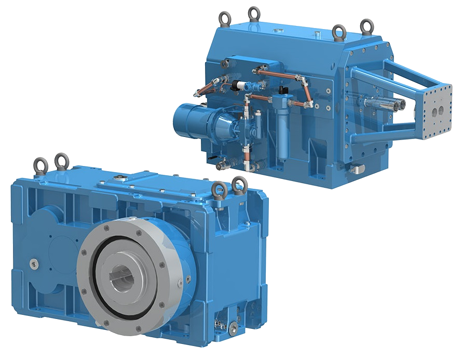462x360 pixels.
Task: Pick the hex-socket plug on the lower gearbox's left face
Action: pyautogui.click(x=34, y=263)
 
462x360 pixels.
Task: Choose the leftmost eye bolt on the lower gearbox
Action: pyautogui.click(x=40, y=165)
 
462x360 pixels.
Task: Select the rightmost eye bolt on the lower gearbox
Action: pyautogui.click(x=239, y=185)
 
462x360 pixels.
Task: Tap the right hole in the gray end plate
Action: pyautogui.click(x=442, y=111)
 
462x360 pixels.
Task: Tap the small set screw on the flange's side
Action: pyautogui.click(x=180, y=282)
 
